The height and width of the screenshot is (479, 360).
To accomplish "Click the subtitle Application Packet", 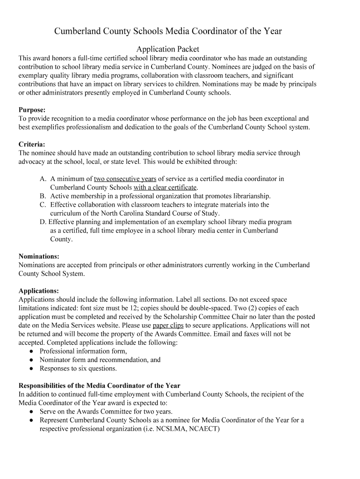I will pos(167,49).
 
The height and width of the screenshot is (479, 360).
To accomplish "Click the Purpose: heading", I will pos(32,110).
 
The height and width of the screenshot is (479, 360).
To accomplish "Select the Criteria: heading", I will pos(32,144).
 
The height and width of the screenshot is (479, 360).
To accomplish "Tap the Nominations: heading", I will pos(39,256).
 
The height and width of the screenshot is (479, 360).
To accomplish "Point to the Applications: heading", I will pos(38,290).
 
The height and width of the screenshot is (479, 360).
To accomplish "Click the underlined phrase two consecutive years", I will pos(125,179).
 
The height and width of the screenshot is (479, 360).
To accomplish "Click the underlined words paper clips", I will pos(168,325).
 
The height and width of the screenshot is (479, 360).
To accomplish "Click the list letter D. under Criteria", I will pos(43,222).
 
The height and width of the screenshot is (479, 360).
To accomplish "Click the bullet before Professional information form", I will pos(31,351).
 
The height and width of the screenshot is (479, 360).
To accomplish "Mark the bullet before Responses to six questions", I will pos(31,369).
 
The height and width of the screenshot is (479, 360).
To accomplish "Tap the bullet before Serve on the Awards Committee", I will pos(31,412).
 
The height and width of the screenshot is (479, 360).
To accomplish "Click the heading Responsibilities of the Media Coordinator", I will pos(99,386).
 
